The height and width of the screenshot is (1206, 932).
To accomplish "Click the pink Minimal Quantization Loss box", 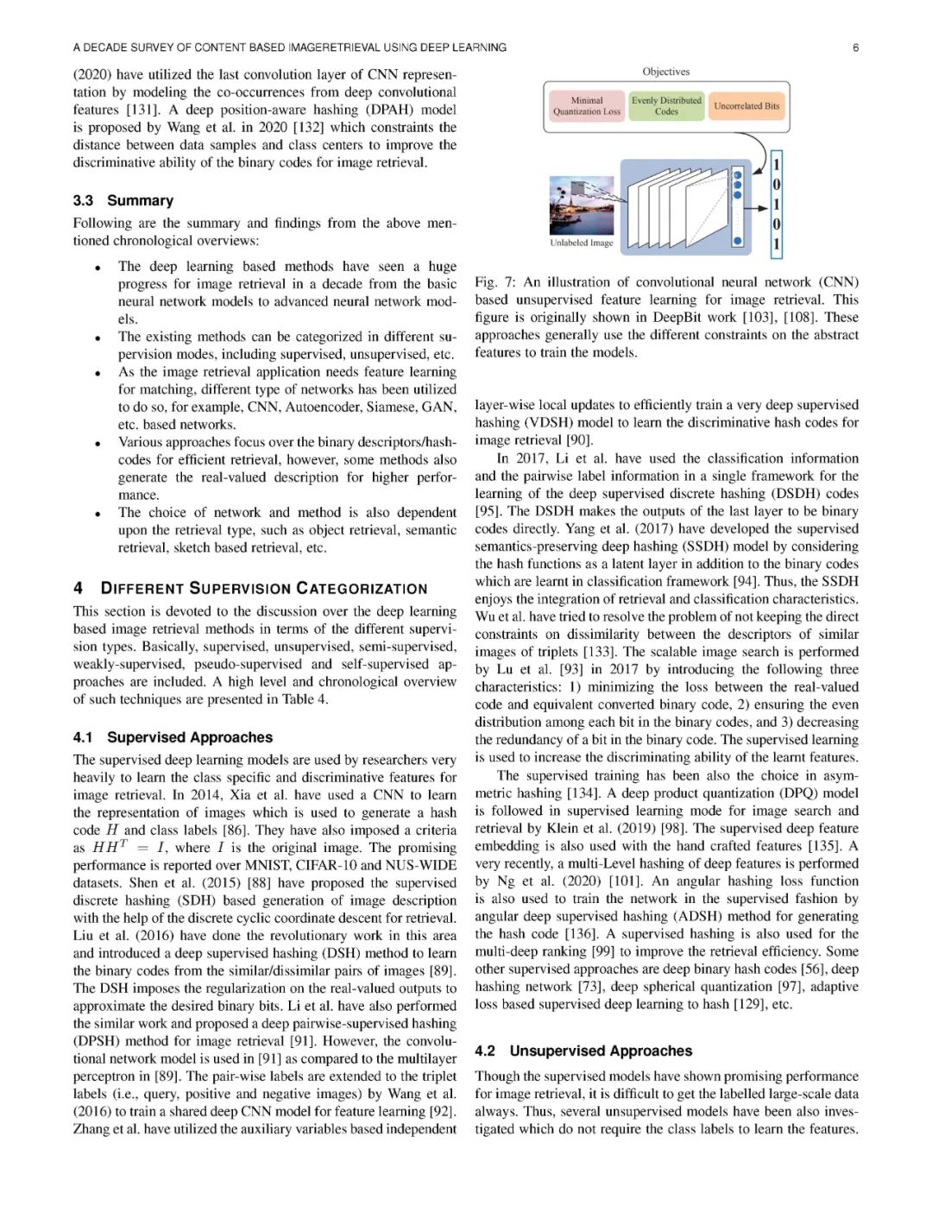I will pos(587,106).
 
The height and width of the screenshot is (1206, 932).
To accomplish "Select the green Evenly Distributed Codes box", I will pos(666,106).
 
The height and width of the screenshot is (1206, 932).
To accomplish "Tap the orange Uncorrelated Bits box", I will pos(746,106).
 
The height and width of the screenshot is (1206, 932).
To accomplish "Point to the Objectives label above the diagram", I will pos(666,72).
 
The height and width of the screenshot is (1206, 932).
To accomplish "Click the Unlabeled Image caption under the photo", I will pos(582,243).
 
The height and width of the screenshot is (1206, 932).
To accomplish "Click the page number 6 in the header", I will pos(855,47).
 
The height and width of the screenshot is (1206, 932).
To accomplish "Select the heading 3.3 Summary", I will pos(123,200).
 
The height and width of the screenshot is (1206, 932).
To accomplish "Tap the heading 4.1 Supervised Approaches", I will pos(173,737).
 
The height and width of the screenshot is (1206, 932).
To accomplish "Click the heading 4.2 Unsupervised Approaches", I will pos(583,1051).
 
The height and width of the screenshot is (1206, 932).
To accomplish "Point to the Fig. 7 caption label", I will pos(495,282).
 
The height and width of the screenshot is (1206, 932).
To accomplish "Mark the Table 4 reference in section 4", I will pos(305,699).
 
